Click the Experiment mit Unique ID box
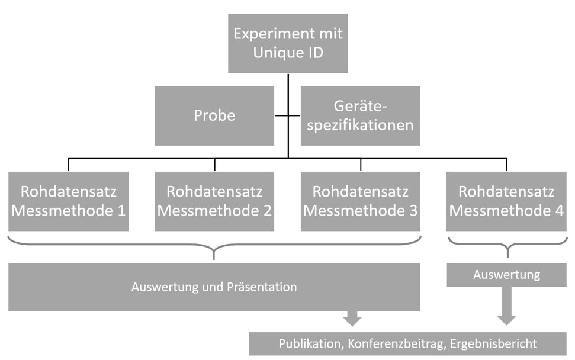point(288,43)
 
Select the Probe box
point(214,115)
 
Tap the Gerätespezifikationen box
point(361,115)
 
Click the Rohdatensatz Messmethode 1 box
point(68,201)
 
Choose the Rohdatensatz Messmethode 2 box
point(214,201)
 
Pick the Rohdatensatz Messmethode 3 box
point(361,201)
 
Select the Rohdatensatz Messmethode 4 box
point(506,201)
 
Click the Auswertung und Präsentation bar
point(214,287)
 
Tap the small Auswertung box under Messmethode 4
point(506,275)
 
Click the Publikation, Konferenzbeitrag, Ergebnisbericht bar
point(407,344)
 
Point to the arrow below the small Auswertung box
point(506,306)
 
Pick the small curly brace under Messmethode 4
point(507,247)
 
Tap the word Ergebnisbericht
point(493,344)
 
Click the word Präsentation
point(262,287)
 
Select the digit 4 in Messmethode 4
point(559,211)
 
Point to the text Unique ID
point(288,53)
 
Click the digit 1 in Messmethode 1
point(121,211)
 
